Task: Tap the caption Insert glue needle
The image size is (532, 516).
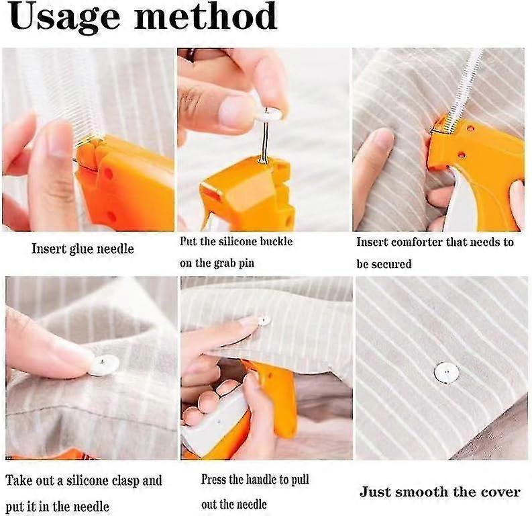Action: click(x=83, y=249)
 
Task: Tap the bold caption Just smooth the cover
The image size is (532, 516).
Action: click(x=439, y=492)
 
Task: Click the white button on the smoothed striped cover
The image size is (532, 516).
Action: click(x=446, y=371)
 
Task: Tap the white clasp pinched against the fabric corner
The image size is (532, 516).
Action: click(x=103, y=365)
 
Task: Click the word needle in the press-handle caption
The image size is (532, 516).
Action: click(x=252, y=505)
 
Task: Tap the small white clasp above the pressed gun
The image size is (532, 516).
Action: click(x=264, y=321)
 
